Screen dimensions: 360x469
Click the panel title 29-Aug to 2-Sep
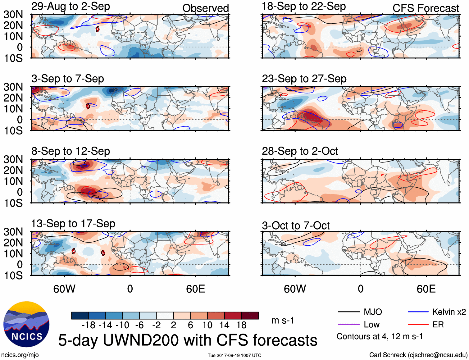coord(71,7)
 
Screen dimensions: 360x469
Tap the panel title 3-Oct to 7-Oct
coord(295,226)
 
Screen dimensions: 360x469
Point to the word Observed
coord(205,8)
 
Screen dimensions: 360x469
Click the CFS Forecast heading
coord(426,8)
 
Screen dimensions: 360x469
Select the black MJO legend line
coord(348,312)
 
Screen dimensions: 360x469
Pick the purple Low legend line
coord(348,325)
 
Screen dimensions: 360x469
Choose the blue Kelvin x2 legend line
coord(418,312)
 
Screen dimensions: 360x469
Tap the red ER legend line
coord(418,325)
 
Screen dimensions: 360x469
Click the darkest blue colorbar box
coord(80,316)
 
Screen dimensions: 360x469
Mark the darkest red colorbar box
coord(250,316)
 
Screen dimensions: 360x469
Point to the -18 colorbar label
coord(89,325)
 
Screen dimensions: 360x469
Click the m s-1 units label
coord(283,320)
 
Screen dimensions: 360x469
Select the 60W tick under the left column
coord(64,289)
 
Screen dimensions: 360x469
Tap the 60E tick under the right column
coord(426,289)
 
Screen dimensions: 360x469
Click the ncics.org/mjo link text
coord(20,355)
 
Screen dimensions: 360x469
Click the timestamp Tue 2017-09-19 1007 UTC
coord(234,355)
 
